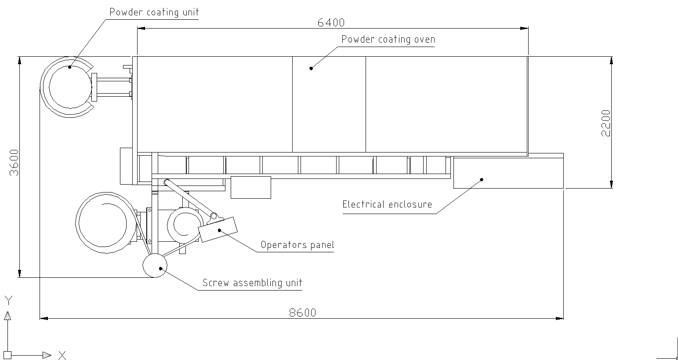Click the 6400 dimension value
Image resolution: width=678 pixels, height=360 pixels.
click(x=331, y=23)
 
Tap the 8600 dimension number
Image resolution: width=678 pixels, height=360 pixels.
click(x=303, y=313)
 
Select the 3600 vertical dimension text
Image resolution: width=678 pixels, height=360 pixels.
click(x=14, y=163)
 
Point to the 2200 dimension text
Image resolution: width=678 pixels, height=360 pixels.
click(x=605, y=123)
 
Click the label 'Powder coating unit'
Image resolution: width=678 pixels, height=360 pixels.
click(x=154, y=12)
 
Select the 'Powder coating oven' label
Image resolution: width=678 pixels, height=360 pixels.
click(x=388, y=40)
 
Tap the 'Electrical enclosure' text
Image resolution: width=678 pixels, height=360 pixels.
click(x=387, y=204)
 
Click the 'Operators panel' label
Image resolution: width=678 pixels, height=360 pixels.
click(x=297, y=245)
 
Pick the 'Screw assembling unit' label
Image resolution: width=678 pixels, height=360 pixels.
click(x=252, y=283)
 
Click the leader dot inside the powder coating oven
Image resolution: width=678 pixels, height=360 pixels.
click(x=311, y=69)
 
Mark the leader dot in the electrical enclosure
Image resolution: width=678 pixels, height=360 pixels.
click(x=482, y=179)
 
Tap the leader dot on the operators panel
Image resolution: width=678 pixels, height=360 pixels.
click(x=219, y=230)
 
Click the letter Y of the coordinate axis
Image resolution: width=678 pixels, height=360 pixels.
click(x=8, y=301)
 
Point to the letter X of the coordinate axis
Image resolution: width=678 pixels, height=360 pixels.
click(x=62, y=356)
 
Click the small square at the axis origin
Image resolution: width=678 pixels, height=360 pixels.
click(x=7, y=355)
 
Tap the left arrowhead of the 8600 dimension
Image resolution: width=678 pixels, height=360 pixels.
click(x=44, y=318)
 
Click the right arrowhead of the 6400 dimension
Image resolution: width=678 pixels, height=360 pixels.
click(x=524, y=28)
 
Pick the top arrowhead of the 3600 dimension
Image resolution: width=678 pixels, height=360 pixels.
click(x=20, y=61)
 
